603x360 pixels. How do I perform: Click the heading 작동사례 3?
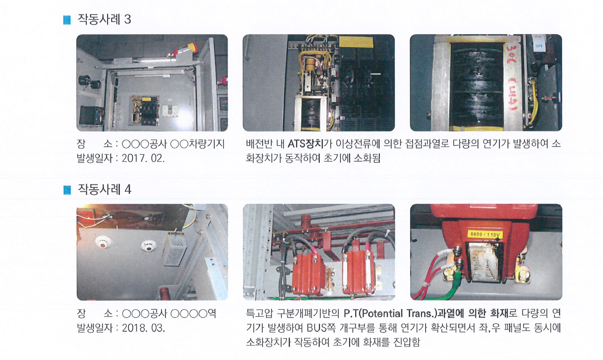pos(104,20)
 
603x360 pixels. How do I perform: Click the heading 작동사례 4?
pos(105,189)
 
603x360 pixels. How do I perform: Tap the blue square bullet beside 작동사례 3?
pos(67,20)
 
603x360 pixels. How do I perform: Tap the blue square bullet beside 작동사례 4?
pos(67,190)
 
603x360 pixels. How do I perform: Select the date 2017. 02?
pos(143,158)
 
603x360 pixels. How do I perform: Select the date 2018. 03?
pos(143,328)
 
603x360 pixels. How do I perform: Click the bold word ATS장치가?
pos(309,144)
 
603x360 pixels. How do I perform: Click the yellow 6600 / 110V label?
pos(484,234)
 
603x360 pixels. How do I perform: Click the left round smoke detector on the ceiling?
pos(104,242)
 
